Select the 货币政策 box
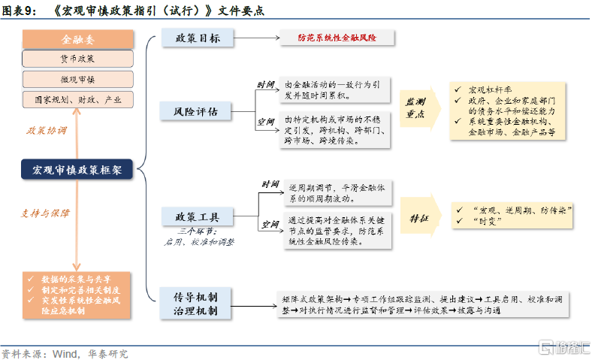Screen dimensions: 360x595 77,59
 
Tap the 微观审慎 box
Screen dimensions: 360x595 77,79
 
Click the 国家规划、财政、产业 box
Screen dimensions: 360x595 77,98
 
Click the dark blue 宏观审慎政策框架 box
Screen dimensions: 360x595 77,171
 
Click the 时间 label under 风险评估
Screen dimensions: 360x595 266,85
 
